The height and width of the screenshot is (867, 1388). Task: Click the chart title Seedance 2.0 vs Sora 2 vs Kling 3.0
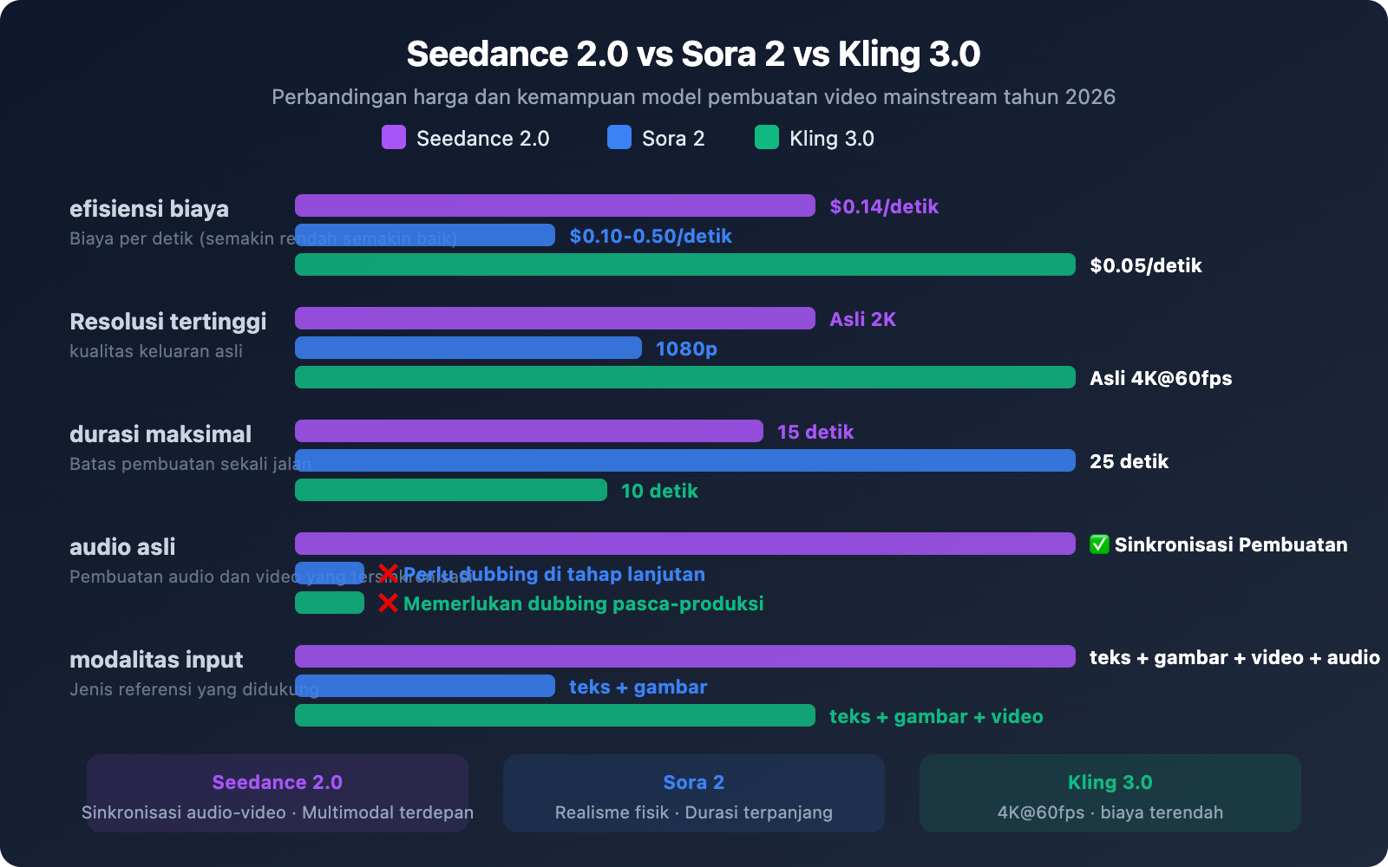[693, 54]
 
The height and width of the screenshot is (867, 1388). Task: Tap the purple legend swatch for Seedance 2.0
[394, 137]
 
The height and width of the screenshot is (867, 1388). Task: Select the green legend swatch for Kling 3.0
[767, 137]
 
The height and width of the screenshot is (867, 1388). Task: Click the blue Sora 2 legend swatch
[619, 137]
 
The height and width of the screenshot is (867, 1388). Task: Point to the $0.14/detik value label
[884, 206]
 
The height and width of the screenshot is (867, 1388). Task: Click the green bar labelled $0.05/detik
[685, 264]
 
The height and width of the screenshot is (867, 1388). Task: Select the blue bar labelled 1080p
[468, 348]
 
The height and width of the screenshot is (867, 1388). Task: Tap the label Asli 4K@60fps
[1161, 378]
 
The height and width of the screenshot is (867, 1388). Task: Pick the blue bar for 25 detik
[685, 460]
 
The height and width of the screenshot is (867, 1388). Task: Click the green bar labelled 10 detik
[451, 490]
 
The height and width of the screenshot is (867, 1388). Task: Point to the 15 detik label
[815, 432]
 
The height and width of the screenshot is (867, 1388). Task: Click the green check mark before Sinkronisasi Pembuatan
[1099, 544]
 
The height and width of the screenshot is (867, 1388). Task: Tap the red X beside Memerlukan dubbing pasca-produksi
[388, 603]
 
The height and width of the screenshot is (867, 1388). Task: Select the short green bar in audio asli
[330, 603]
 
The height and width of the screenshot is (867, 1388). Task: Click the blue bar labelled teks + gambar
[425, 686]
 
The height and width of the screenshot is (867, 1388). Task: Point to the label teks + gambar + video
[936, 716]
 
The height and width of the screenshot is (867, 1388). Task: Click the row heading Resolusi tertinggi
[167, 322]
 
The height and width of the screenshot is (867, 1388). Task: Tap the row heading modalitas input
[156, 660]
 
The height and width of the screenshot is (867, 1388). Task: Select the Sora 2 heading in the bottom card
[693, 782]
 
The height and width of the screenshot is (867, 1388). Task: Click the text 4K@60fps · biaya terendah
[1110, 812]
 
